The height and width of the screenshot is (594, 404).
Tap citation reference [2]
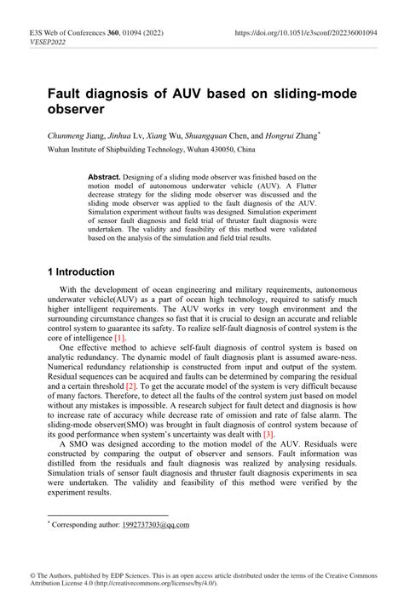tap(132, 386)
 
